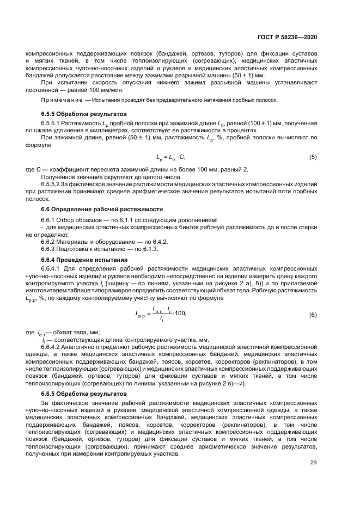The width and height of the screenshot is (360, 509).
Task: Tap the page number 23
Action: tap(313, 463)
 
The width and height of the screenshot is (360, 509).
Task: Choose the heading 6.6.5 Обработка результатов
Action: tap(84, 393)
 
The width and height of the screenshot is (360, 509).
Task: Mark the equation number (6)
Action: tap(313, 315)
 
